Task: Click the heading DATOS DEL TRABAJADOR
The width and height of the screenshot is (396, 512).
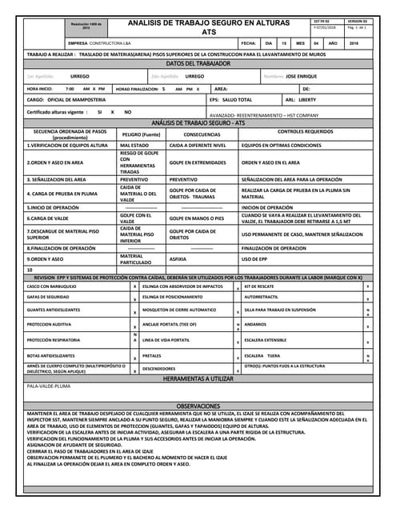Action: (198, 63)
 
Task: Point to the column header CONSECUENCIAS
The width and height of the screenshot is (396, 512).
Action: (190, 134)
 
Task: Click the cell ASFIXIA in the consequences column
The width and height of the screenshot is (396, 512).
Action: (178, 259)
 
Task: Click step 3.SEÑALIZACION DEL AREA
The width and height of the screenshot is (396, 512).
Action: (56, 179)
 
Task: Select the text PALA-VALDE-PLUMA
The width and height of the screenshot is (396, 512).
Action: (49, 386)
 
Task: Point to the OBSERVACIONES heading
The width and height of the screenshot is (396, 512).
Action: (198, 406)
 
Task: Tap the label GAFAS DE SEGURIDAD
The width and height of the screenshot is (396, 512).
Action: (48, 297)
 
